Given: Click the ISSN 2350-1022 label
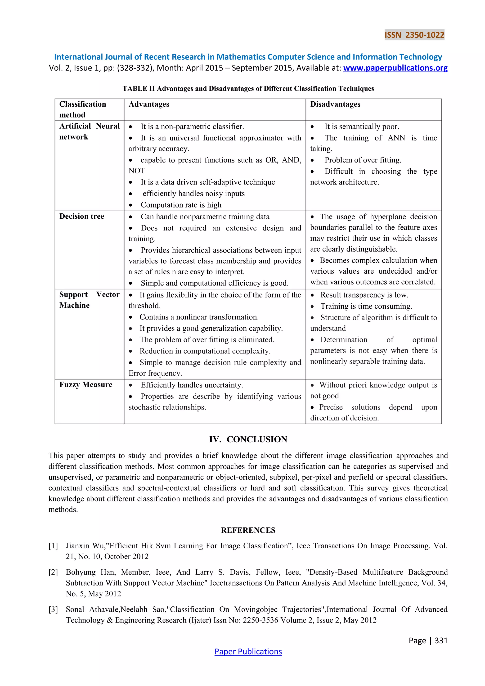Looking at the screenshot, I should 414,35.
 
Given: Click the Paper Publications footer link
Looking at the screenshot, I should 248,651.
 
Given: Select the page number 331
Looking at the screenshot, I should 441,640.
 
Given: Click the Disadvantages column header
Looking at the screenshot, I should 335,104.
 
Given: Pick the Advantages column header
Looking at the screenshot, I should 149,104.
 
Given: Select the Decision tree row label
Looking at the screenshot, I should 81,216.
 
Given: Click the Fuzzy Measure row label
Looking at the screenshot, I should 86,384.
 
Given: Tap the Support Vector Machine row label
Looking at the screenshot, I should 89,300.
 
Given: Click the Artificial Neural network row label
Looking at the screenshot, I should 89,131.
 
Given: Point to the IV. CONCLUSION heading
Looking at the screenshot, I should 248,439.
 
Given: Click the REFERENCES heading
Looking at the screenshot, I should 248,530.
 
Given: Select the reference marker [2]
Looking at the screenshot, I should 53,572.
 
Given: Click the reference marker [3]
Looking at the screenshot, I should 53,609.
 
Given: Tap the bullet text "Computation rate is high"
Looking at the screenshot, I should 181,205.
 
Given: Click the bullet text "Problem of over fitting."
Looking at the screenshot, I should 363,160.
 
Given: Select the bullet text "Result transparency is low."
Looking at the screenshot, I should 364,295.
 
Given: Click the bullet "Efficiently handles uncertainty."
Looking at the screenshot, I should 192,385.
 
